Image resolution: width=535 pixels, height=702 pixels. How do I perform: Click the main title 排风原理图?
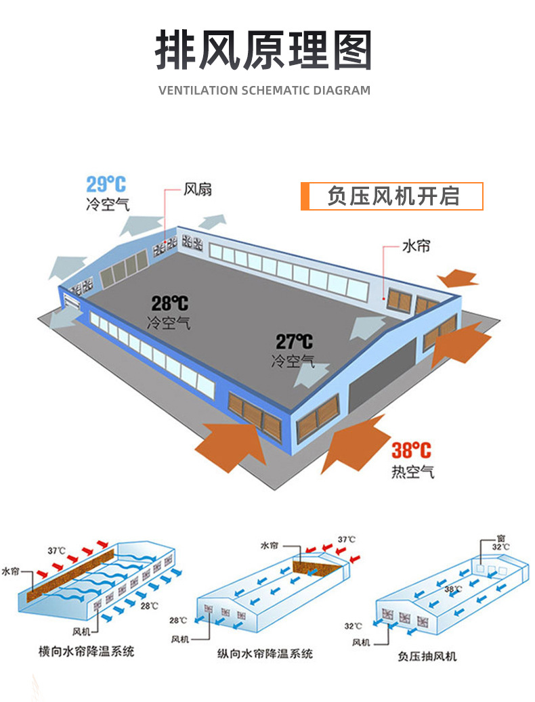coord(264,51)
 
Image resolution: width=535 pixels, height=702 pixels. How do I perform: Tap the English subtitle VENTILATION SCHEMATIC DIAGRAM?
coord(264,90)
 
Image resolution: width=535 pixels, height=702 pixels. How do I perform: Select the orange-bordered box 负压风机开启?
coord(392,196)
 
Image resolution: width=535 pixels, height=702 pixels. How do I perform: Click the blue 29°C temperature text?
coord(106,183)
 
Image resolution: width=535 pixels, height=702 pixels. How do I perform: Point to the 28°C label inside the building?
coord(169,304)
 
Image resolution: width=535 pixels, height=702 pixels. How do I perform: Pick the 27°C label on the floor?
coord(294,343)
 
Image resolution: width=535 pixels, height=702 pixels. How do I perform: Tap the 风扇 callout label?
coord(198,189)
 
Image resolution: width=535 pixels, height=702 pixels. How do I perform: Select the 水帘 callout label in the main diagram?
coord(416,246)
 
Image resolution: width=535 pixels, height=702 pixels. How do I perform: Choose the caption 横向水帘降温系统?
coord(86,651)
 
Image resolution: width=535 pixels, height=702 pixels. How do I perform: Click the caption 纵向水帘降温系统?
coord(265,654)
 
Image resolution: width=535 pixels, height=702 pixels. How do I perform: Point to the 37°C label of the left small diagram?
coord(57,550)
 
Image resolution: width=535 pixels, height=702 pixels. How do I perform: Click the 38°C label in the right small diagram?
coord(453,589)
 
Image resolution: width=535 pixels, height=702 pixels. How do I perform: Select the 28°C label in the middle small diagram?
coord(178,620)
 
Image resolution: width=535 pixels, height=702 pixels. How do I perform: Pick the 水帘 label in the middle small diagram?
coord(269,544)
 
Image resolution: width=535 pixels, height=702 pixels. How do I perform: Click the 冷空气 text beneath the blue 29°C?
coord(108,204)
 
